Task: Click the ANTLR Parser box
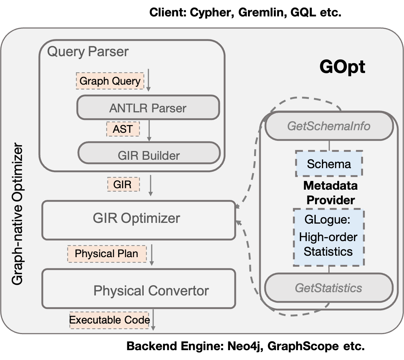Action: click(148, 108)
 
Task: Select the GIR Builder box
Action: click(149, 155)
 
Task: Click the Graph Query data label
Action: click(110, 81)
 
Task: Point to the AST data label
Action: click(123, 128)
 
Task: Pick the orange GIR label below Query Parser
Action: click(123, 184)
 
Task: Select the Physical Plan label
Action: click(107, 253)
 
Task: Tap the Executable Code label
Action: click(109, 320)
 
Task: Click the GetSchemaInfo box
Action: click(329, 126)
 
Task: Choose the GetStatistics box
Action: click(328, 288)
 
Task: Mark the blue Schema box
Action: click(329, 164)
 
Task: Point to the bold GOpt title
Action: click(342, 67)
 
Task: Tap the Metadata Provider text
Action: click(330, 193)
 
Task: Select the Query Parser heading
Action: click(88, 51)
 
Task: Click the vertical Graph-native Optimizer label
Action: click(17, 215)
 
